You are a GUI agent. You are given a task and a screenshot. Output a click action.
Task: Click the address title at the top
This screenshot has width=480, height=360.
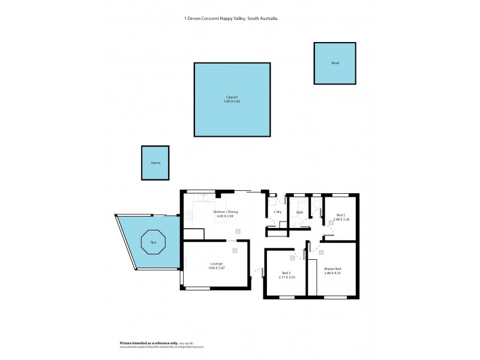pos(231,19)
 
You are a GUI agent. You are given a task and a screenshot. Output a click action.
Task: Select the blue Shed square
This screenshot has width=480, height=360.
pos(335,63)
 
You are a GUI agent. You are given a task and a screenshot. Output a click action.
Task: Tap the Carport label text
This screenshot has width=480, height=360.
pos(232,97)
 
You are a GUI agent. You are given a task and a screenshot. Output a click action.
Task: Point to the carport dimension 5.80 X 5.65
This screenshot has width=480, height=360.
pos(232,101)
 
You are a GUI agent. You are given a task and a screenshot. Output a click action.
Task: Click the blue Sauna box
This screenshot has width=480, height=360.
pos(155,163)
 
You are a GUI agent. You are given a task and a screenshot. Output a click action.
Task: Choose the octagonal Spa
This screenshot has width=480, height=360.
pos(153,242)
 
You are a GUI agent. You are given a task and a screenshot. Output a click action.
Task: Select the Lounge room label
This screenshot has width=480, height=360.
pos(217,263)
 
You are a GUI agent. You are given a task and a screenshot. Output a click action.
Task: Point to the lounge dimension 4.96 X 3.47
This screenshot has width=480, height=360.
pos(217,268)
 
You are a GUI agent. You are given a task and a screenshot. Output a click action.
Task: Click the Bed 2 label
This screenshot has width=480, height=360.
pos(341,215)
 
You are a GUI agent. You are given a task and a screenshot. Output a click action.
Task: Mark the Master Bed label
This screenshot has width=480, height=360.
pos(332,269)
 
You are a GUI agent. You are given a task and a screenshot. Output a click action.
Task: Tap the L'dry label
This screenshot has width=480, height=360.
pos(277,212)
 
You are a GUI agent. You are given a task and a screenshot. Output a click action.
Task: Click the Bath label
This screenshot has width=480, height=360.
pos(299,212)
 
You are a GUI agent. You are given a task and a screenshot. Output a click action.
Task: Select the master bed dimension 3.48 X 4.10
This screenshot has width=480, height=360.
pos(332,274)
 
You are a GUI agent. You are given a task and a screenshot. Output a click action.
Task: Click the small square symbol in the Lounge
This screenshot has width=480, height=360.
pos(235,250)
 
